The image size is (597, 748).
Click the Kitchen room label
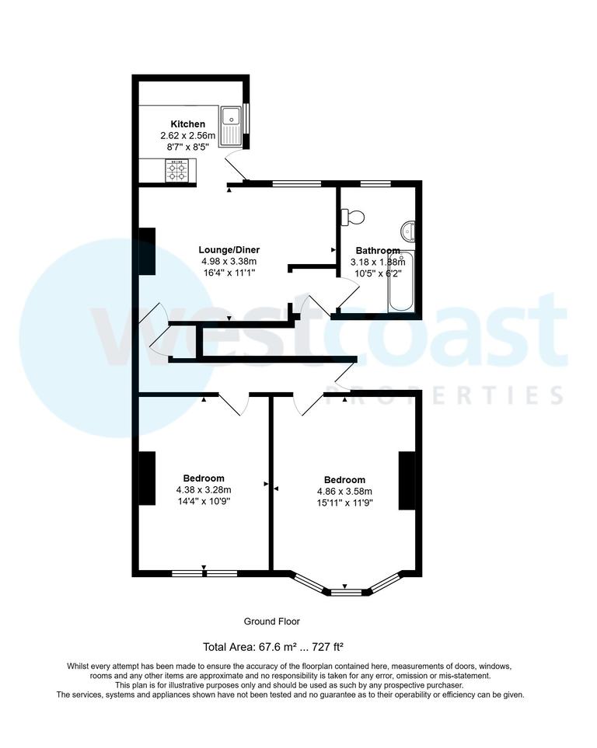tap(188, 124)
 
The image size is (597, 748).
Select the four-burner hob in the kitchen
tap(176, 170)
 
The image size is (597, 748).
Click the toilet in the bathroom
tap(353, 217)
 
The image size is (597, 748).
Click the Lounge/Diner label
tap(229, 250)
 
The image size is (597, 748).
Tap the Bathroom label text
tap(378, 251)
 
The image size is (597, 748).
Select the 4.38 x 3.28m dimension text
tap(204, 489)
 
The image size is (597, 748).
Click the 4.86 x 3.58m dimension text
tap(344, 492)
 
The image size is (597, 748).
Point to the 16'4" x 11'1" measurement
tap(229, 273)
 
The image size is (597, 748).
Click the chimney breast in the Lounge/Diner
tap(147, 251)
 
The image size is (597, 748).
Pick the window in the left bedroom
tap(204, 574)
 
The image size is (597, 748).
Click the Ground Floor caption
tap(271, 621)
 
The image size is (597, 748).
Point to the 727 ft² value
tap(326, 646)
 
